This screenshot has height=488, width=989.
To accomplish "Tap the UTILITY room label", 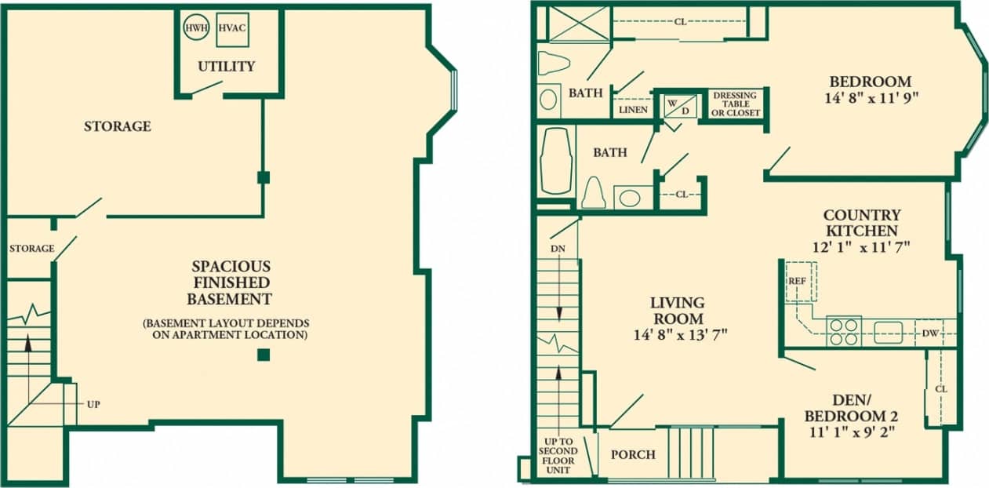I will pyautogui.click(x=226, y=66).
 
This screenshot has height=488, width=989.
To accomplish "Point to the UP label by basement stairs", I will pyautogui.click(x=93, y=404).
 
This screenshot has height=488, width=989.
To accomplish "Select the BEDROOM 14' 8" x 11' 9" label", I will pyautogui.click(x=870, y=89).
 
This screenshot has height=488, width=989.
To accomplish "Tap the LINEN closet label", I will pyautogui.click(x=633, y=110).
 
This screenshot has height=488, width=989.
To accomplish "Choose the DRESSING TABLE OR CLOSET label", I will pyautogui.click(x=736, y=104).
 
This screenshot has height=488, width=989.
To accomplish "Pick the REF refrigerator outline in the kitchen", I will pyautogui.click(x=800, y=280).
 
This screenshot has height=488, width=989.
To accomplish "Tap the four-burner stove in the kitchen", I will pyautogui.click(x=844, y=330).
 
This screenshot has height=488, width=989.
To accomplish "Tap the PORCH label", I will pyautogui.click(x=632, y=454).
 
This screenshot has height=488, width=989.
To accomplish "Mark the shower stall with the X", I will pyautogui.click(x=579, y=24).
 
